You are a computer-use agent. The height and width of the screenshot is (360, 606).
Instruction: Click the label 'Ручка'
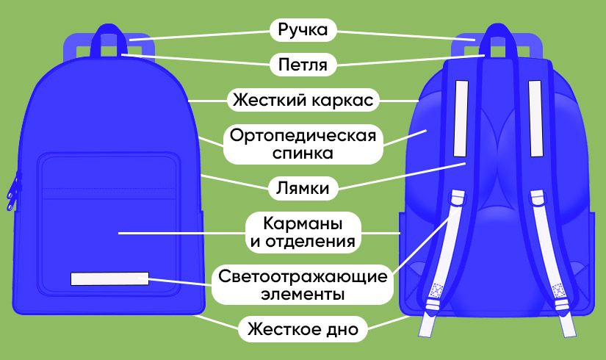303,30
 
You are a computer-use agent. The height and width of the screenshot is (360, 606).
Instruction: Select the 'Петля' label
303,65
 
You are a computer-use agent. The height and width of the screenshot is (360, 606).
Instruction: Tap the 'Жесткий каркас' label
303,99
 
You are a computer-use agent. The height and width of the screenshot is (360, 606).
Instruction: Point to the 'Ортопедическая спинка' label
303,145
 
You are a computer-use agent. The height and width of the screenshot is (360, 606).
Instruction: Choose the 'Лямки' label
303,187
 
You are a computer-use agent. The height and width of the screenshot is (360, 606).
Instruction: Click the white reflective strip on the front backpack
109,278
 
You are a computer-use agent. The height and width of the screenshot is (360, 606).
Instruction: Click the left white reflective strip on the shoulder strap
461,118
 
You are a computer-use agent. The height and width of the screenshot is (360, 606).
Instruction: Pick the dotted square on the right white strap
558,290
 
